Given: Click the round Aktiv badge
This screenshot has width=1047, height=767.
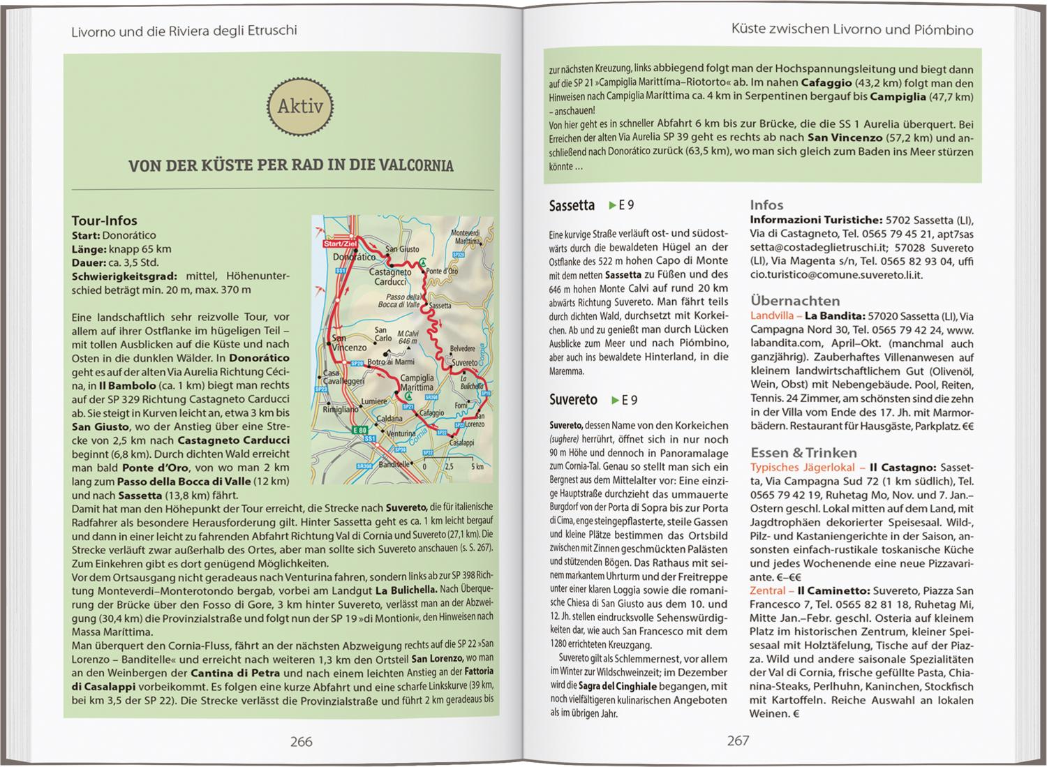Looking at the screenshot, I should (x=300, y=107).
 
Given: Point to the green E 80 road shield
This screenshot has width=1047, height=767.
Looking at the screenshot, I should (x=359, y=431).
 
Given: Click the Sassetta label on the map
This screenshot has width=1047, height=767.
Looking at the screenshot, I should (x=440, y=306).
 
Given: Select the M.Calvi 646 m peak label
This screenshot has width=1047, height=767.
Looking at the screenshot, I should (x=407, y=337).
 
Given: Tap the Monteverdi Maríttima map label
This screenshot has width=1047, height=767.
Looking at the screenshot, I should (x=466, y=237).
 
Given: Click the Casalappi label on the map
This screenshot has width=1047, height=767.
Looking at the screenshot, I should (x=461, y=443).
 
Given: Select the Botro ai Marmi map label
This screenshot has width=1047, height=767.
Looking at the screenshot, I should (x=391, y=362).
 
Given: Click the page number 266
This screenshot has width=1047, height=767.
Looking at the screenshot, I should (x=301, y=741).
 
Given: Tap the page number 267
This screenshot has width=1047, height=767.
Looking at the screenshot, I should (x=738, y=740).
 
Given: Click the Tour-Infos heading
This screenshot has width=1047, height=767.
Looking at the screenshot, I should (x=105, y=221).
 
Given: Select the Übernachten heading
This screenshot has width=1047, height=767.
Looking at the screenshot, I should (x=795, y=301).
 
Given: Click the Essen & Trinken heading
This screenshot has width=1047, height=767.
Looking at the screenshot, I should (x=803, y=452).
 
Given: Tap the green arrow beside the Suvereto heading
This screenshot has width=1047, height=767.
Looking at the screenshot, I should (x=614, y=400).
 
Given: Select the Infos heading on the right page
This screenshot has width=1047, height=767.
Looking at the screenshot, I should (x=766, y=204).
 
